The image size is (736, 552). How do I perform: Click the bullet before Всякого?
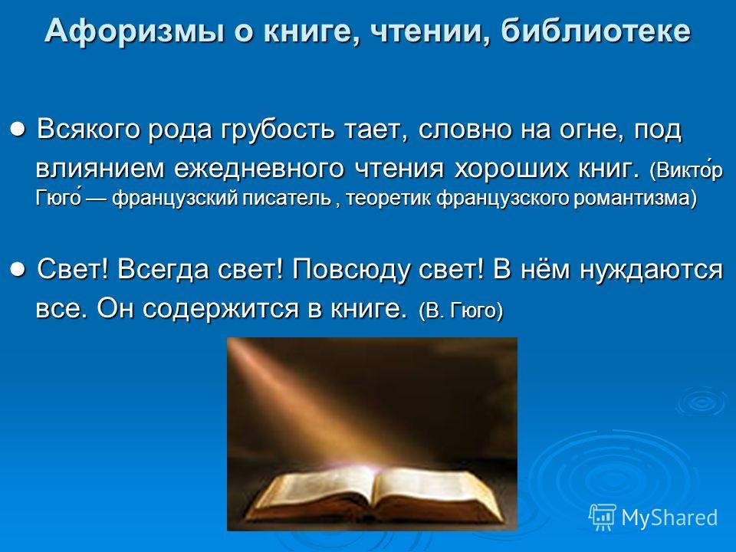(18, 128)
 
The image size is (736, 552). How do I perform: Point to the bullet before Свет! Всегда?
(18, 269)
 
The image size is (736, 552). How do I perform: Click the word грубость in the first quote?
(278, 130)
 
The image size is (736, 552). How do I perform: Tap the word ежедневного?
(259, 169)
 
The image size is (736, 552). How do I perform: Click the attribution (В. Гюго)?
(461, 310)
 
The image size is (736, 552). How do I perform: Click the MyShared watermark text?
(669, 518)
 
